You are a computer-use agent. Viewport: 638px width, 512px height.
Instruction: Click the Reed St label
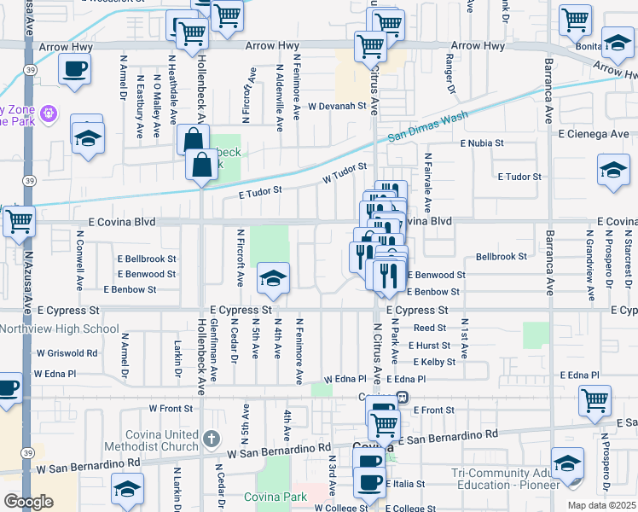click(430, 328)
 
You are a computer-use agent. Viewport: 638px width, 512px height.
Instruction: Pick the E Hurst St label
click(428, 346)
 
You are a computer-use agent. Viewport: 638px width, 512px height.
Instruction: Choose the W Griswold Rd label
click(67, 352)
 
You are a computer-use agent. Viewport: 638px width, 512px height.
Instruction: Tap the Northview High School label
click(60, 329)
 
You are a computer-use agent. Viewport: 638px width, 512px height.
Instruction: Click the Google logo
click(28, 502)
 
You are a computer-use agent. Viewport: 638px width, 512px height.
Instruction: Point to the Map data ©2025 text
click(600, 505)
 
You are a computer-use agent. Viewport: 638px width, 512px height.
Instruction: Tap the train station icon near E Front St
click(401, 398)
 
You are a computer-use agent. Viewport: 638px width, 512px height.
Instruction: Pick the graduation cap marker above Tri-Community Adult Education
click(567, 464)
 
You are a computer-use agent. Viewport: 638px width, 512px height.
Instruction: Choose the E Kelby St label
click(432, 363)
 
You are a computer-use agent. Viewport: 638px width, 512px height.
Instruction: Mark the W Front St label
click(166, 409)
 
